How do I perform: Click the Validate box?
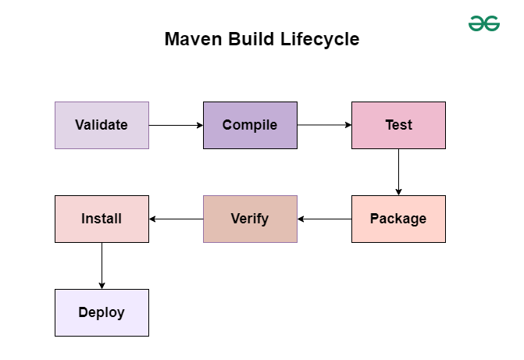tap(102, 125)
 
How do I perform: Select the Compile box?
tap(250, 125)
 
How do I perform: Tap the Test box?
tap(398, 125)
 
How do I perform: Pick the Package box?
tap(398, 219)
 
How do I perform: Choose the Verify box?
tap(250, 219)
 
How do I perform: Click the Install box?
tap(102, 219)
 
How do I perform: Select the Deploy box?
tap(102, 312)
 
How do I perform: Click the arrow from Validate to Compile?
tap(176, 125)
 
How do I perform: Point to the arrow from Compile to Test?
tap(324, 125)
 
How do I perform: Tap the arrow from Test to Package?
tap(398, 172)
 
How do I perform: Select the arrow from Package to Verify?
tap(324, 219)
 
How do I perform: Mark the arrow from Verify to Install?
tap(176, 219)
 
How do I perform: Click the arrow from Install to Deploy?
tap(102, 266)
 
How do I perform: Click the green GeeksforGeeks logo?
tap(484, 23)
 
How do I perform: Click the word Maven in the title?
tap(191, 39)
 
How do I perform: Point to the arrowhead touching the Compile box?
tap(199, 125)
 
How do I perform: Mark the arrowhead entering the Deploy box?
tap(102, 285)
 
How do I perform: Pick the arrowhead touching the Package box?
tap(398, 191)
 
